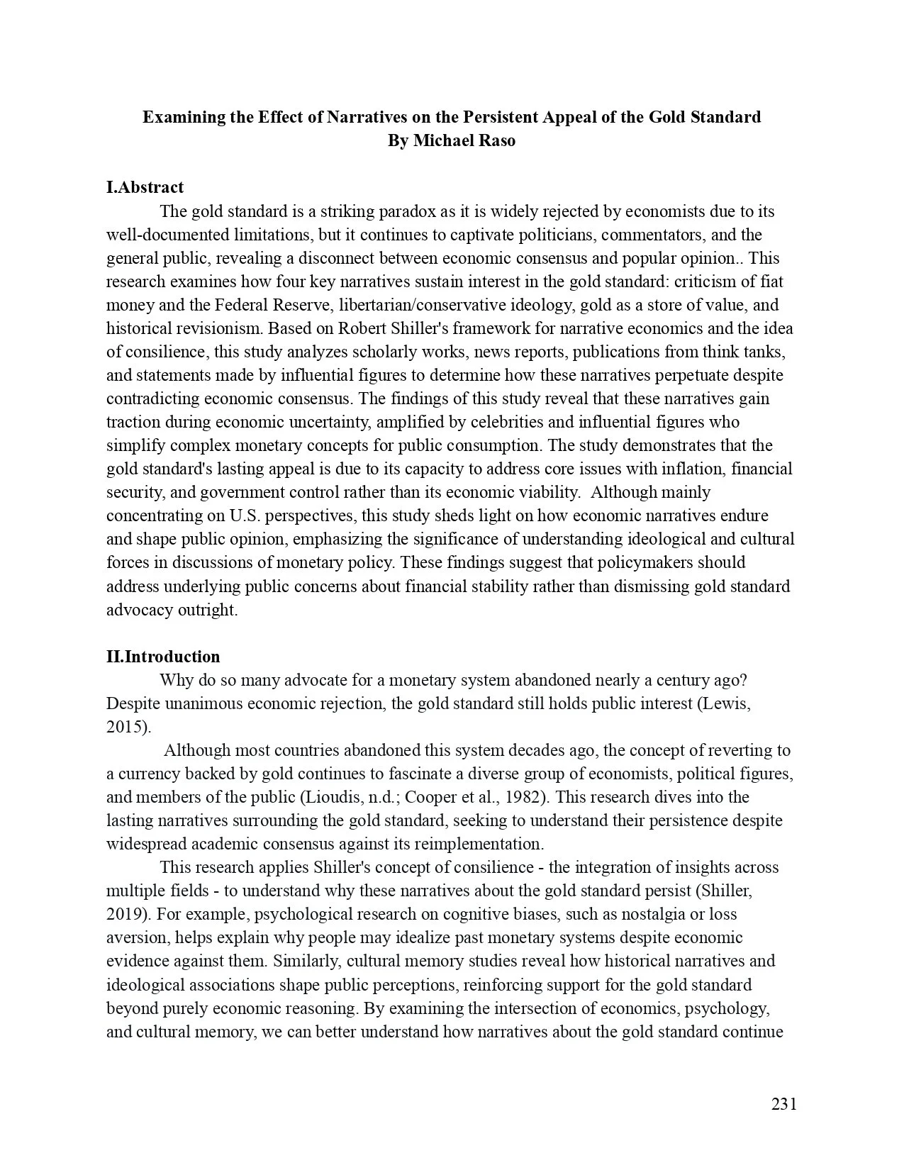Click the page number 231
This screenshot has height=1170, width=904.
[783, 1104]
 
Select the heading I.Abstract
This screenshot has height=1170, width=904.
[145, 187]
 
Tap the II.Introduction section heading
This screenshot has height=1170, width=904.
[163, 656]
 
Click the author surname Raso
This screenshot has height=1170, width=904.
[496, 140]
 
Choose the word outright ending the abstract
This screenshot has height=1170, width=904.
[211, 610]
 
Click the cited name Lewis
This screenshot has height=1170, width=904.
[724, 703]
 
